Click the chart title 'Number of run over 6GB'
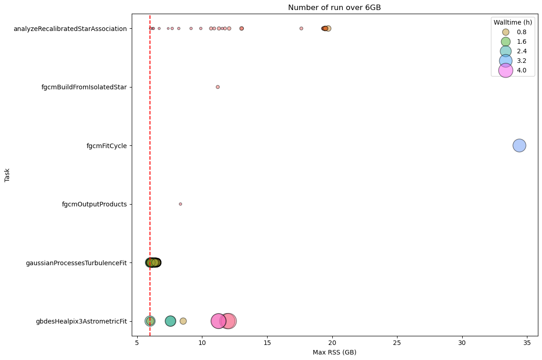pyautogui.click(x=334, y=7)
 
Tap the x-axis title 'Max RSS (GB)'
pyautogui.click(x=334, y=352)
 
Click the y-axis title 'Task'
pyautogui.click(x=7, y=175)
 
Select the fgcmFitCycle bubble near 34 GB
pyautogui.click(x=519, y=145)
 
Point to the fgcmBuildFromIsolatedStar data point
pyautogui.click(x=217, y=87)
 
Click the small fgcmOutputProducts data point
pyautogui.click(x=181, y=204)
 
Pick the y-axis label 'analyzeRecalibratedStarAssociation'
pyautogui.click(x=70, y=29)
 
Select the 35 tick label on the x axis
pyautogui.click(x=527, y=343)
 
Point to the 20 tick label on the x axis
pyautogui.click(x=332, y=343)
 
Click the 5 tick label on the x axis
pyautogui.click(x=137, y=343)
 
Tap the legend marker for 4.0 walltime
pyautogui.click(x=506, y=70)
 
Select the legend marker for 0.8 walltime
pyautogui.click(x=506, y=32)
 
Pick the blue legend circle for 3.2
pyautogui.click(x=506, y=61)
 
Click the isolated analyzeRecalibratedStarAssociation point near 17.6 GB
pyautogui.click(x=301, y=28)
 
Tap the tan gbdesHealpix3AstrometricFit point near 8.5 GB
pyautogui.click(x=183, y=321)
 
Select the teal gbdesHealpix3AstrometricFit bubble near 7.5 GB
pyautogui.click(x=170, y=321)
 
